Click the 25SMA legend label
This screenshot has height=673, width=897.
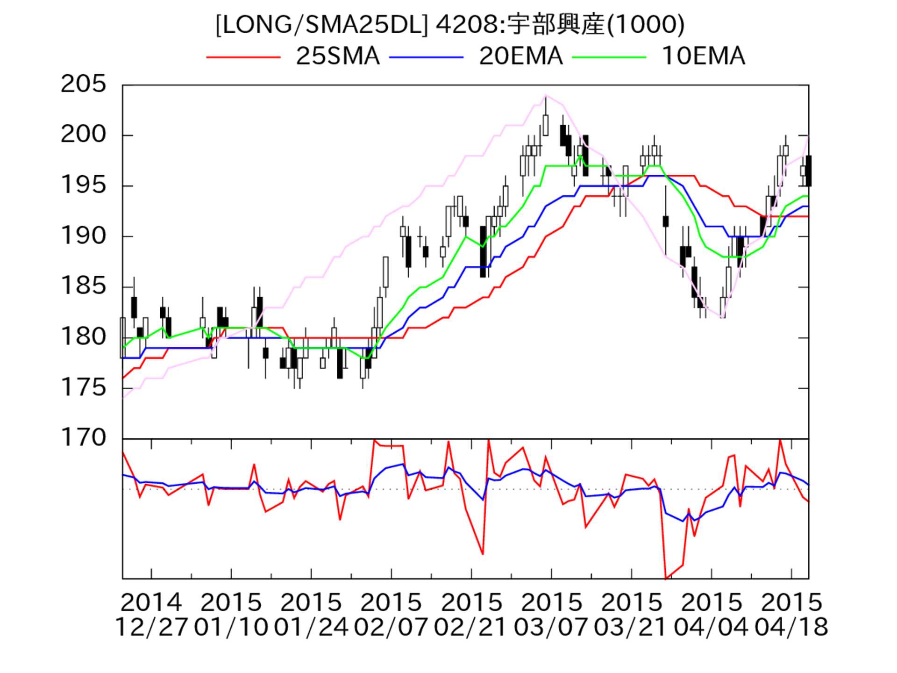pos(337,57)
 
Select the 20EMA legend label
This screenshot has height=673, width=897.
pos(520,57)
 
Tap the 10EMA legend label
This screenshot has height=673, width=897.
pos(703,57)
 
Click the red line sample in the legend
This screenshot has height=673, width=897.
pos(243,57)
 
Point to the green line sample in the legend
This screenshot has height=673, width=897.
pos(609,57)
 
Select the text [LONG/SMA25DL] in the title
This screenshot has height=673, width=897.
pos(321,25)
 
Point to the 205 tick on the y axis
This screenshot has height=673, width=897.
pos(84,85)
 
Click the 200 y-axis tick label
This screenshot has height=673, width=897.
pos(84,135)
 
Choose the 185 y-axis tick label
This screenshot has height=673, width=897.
pos(84,286)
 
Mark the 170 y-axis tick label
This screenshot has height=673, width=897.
pos(84,438)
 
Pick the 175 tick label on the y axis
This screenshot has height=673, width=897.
pos(84,387)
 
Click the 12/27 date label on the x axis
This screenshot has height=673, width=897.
pos(151,627)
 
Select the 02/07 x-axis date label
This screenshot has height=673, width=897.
pos(391,627)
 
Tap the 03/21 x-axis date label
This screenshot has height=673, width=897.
pos(631,627)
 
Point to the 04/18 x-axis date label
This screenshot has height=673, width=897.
pos(791,627)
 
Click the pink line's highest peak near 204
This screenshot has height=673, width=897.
pos(545,95)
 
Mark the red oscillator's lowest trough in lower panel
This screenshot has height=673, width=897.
pos(666,579)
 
